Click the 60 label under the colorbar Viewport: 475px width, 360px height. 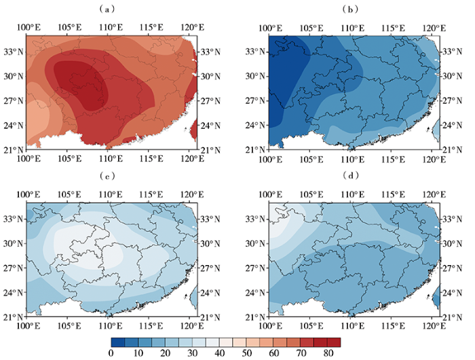pyautogui.click(x=273, y=353)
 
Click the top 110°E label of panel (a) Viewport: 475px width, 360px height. pyautogui.click(x=111, y=28)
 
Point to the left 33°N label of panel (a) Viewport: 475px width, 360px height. pyautogui.click(x=13, y=52)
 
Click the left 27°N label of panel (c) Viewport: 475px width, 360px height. pyautogui.click(x=13, y=268)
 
